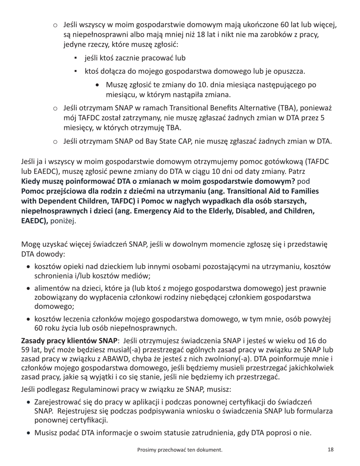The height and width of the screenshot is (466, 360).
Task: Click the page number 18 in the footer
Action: [x=330, y=450]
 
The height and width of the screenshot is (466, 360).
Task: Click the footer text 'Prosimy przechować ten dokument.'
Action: [x=180, y=450]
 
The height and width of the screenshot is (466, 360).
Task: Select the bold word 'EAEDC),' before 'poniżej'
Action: [x=34, y=221]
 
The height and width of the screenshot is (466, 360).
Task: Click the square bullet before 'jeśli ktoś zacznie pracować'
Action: [x=76, y=58]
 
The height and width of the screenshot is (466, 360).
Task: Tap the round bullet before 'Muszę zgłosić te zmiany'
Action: [x=99, y=85]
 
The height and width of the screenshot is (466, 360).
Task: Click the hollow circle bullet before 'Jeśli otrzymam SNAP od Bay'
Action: [x=55, y=142]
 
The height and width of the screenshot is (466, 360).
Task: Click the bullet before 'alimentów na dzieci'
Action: [x=29, y=289]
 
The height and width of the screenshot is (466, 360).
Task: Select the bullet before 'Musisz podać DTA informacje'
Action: [x=29, y=433]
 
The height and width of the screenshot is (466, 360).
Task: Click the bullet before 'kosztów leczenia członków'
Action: [x=29, y=319]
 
